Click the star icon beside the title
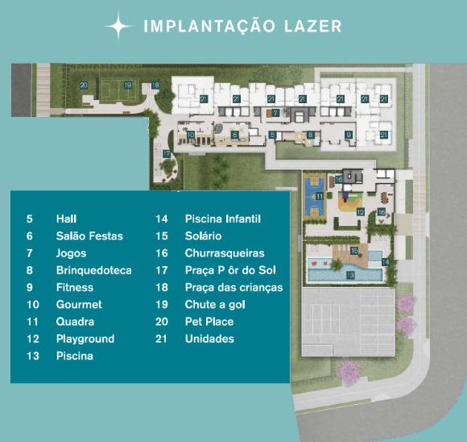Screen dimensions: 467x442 tap(118, 27)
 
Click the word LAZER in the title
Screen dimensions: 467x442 tap(312, 27)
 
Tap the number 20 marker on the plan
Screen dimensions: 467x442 tap(84, 85)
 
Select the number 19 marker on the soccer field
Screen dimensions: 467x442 tap(128, 85)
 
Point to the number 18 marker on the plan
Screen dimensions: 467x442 tap(155, 85)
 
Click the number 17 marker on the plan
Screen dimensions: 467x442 tap(167, 154)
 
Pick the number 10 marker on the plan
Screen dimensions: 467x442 tap(191, 135)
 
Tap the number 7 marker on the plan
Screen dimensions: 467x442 tap(275, 113)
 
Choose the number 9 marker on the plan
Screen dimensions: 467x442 tap(349, 135)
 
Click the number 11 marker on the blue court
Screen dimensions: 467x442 tap(320, 196)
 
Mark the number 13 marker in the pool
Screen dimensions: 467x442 tap(350, 275)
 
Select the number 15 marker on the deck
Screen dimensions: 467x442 tap(354, 250)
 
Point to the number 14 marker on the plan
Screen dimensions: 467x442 tap(386, 262)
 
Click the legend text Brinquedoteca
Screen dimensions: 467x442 tap(94, 270)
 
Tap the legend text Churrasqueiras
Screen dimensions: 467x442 tap(225, 253)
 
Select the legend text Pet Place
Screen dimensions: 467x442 tap(209, 322)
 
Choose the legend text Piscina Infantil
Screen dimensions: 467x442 tap(223, 219)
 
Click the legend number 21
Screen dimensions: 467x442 tap(161, 339)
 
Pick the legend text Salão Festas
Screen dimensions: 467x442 tap(89, 236)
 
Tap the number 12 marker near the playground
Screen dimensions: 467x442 tap(361, 212)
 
